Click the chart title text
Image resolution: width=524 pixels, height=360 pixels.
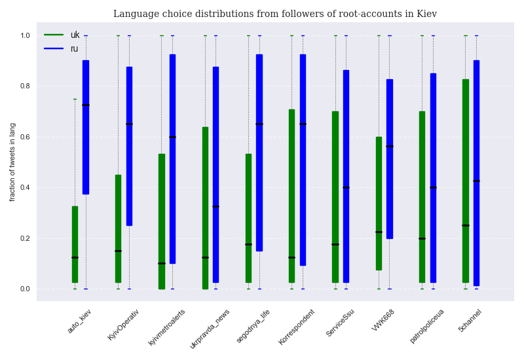point(275,14)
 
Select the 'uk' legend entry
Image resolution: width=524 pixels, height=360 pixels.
point(75,35)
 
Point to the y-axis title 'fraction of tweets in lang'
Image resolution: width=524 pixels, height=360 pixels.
point(12,162)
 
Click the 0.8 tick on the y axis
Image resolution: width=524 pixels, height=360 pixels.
point(25,86)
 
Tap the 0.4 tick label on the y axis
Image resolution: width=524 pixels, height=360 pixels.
point(25,187)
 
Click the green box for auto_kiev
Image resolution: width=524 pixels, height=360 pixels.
point(75,244)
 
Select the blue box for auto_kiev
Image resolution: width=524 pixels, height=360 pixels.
point(85,127)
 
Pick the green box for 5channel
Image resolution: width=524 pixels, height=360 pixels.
point(465,181)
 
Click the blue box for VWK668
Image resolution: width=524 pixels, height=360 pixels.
point(389,158)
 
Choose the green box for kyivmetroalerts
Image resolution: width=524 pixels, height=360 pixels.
point(161,221)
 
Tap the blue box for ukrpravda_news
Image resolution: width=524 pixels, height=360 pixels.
point(215,174)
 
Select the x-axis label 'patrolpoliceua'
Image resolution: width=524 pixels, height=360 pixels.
point(427,325)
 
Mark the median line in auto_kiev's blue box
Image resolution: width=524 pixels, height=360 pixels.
point(85,105)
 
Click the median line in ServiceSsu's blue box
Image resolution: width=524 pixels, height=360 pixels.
point(346,187)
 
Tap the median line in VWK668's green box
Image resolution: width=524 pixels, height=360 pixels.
point(379,232)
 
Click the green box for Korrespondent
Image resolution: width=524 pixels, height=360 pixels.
point(291,196)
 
